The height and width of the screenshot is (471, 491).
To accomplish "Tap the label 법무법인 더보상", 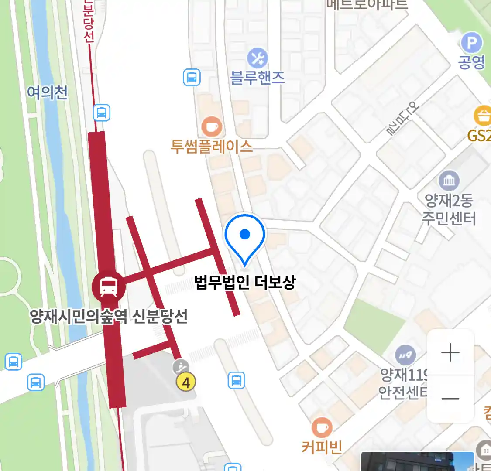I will click(x=245, y=283).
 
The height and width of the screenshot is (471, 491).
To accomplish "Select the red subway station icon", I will click(x=108, y=287).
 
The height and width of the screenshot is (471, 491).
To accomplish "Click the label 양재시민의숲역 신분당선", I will click(x=109, y=316).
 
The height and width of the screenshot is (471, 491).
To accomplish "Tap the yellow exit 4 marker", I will click(x=186, y=382).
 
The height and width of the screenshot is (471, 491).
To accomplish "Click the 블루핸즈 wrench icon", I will click(x=258, y=58).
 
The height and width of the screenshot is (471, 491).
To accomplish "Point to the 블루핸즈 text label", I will click(x=258, y=78).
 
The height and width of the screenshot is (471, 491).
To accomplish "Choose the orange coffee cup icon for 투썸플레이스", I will click(x=212, y=127).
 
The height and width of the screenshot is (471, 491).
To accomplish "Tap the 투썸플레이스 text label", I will click(x=212, y=146).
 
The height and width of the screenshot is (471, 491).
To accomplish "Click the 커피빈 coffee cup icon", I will click(x=322, y=428).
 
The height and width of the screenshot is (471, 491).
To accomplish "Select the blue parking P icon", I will click(x=472, y=43).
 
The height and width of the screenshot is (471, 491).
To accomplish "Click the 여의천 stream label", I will click(x=47, y=92).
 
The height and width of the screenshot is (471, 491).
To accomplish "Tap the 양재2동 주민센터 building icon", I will click(x=449, y=180).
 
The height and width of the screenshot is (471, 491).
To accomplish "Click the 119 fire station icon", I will click(x=405, y=355).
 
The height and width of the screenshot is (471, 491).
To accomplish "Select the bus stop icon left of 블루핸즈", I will click(x=192, y=78).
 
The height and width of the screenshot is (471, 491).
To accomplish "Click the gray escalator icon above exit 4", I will click(x=181, y=367).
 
